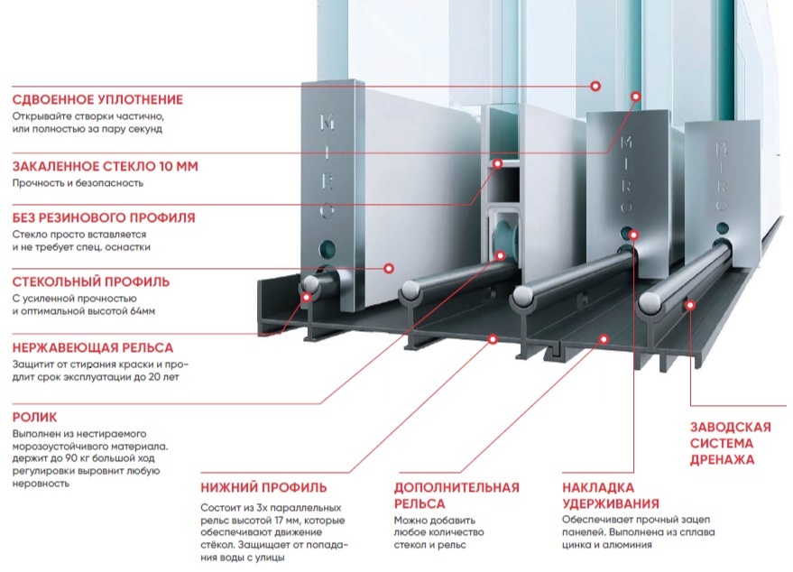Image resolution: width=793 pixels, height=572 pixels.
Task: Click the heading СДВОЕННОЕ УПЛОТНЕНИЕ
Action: (97, 99)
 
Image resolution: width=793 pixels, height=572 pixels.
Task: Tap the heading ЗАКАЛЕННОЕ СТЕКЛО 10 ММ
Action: (106, 166)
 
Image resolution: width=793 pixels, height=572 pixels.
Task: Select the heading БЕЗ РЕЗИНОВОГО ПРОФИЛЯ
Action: (104, 218)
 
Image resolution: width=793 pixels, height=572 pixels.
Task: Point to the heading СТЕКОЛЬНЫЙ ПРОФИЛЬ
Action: (91, 281)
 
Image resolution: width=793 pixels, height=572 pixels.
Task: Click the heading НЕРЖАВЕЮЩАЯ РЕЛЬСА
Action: (93, 348)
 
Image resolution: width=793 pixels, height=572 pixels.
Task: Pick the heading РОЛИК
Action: (34, 417)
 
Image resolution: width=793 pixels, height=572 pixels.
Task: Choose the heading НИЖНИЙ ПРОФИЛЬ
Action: (264, 487)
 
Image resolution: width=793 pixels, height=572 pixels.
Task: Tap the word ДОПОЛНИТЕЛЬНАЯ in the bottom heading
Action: (456, 487)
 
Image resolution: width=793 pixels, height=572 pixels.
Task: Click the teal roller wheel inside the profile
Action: (503, 236)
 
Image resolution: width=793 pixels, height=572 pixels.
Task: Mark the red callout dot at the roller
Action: (501, 255)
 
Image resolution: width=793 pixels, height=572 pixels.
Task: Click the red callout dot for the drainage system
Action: (690, 304)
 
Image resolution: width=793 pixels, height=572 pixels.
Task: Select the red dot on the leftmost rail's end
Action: (306, 297)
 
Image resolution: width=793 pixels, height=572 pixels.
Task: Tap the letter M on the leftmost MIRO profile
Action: (327, 122)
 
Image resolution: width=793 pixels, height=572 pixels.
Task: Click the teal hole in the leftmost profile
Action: (327, 248)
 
